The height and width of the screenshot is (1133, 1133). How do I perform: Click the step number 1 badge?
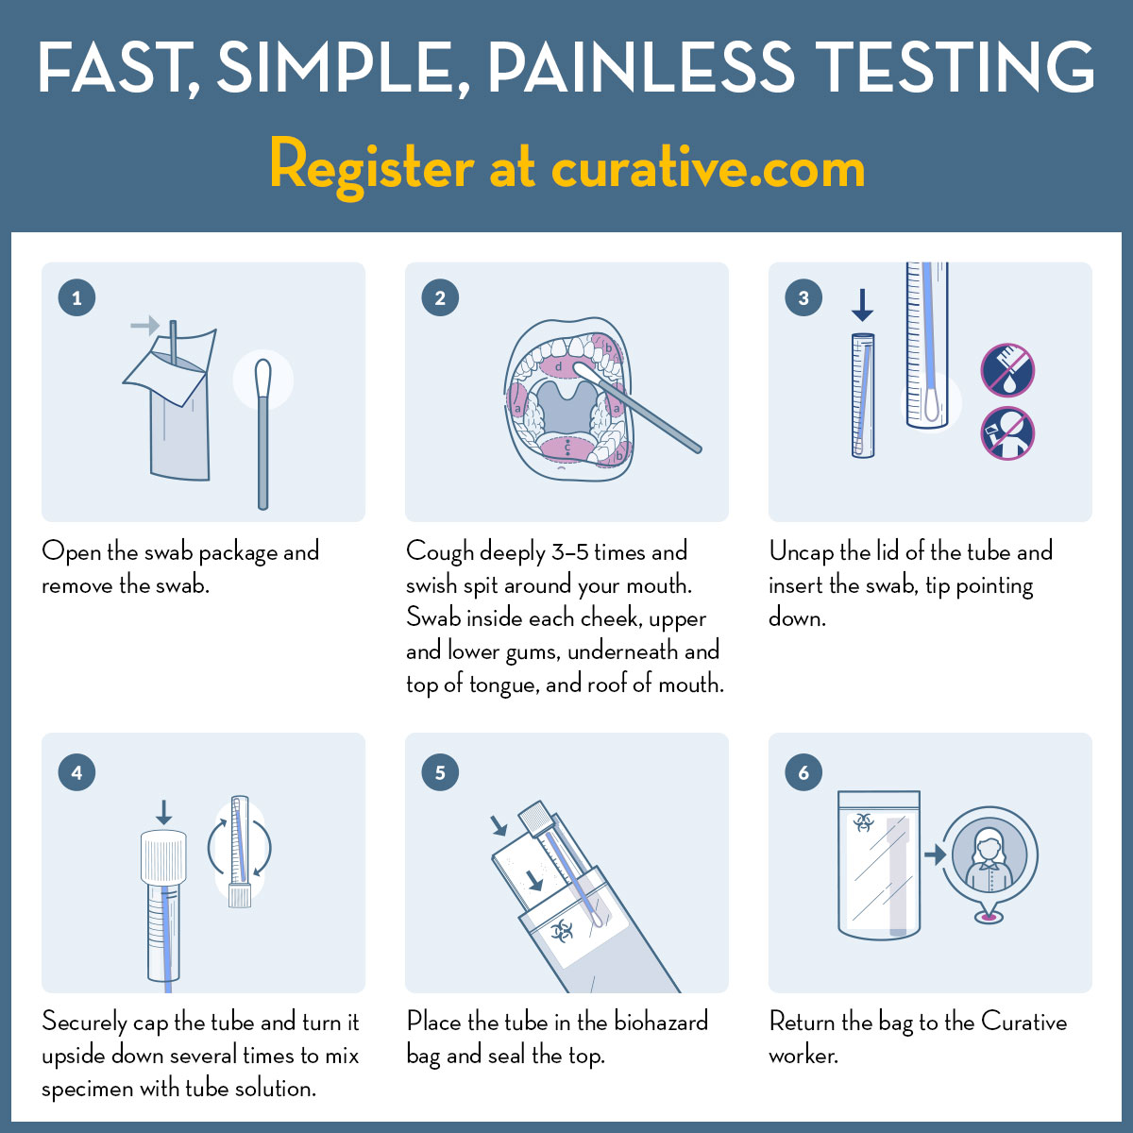76,298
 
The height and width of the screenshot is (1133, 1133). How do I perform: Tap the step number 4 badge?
76,772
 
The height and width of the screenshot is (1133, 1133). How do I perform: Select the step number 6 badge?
803,772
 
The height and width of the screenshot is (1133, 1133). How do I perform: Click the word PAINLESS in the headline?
642,68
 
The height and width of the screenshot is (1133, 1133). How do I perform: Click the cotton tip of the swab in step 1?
262,377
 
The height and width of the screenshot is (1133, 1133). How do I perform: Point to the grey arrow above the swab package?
144,325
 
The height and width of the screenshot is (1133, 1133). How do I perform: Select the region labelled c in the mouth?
566,448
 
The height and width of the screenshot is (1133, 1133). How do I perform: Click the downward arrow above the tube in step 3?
862,305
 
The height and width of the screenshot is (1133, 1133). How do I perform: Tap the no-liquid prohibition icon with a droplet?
1007,370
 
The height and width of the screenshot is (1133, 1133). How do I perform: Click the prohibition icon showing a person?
1007,434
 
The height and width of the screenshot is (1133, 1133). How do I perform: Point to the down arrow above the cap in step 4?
163,812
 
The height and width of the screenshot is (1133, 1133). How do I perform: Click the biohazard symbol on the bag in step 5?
562,932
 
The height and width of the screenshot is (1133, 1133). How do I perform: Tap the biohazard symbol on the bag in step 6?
863,822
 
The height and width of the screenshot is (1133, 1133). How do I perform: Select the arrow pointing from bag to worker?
935,854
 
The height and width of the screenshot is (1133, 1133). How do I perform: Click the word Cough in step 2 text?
439,552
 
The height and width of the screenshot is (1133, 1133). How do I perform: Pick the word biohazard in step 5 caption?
661,1023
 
